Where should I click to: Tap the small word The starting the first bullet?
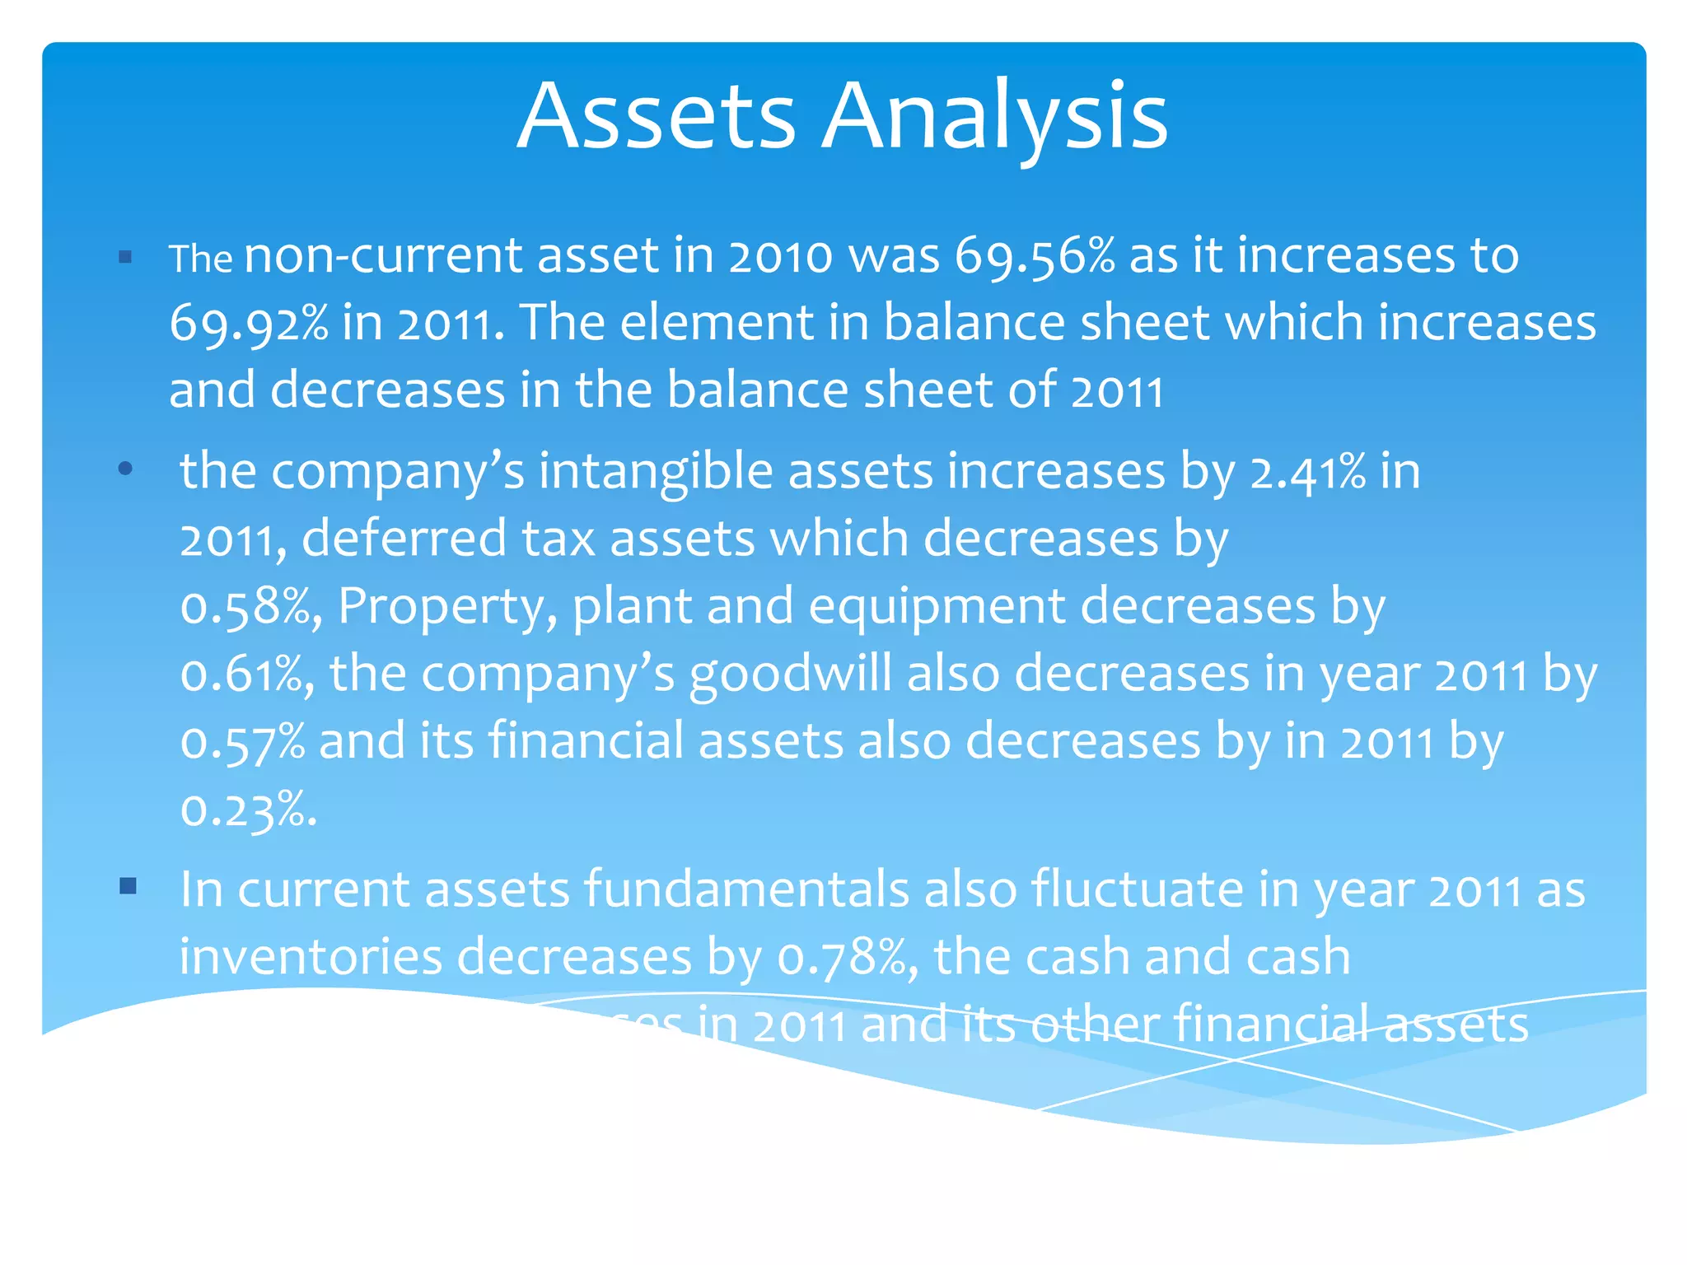click(x=201, y=259)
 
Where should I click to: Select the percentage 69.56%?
click(x=1035, y=255)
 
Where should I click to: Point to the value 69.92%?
click(x=249, y=323)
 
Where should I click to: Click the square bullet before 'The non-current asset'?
click(x=125, y=258)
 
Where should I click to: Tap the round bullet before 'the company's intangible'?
click(x=125, y=469)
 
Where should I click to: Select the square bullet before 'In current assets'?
click(x=127, y=886)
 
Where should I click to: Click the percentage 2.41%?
click(x=1307, y=473)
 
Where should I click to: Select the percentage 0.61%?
click(x=245, y=675)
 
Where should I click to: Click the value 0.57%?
click(x=243, y=742)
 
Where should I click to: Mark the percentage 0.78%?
click(x=845, y=958)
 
